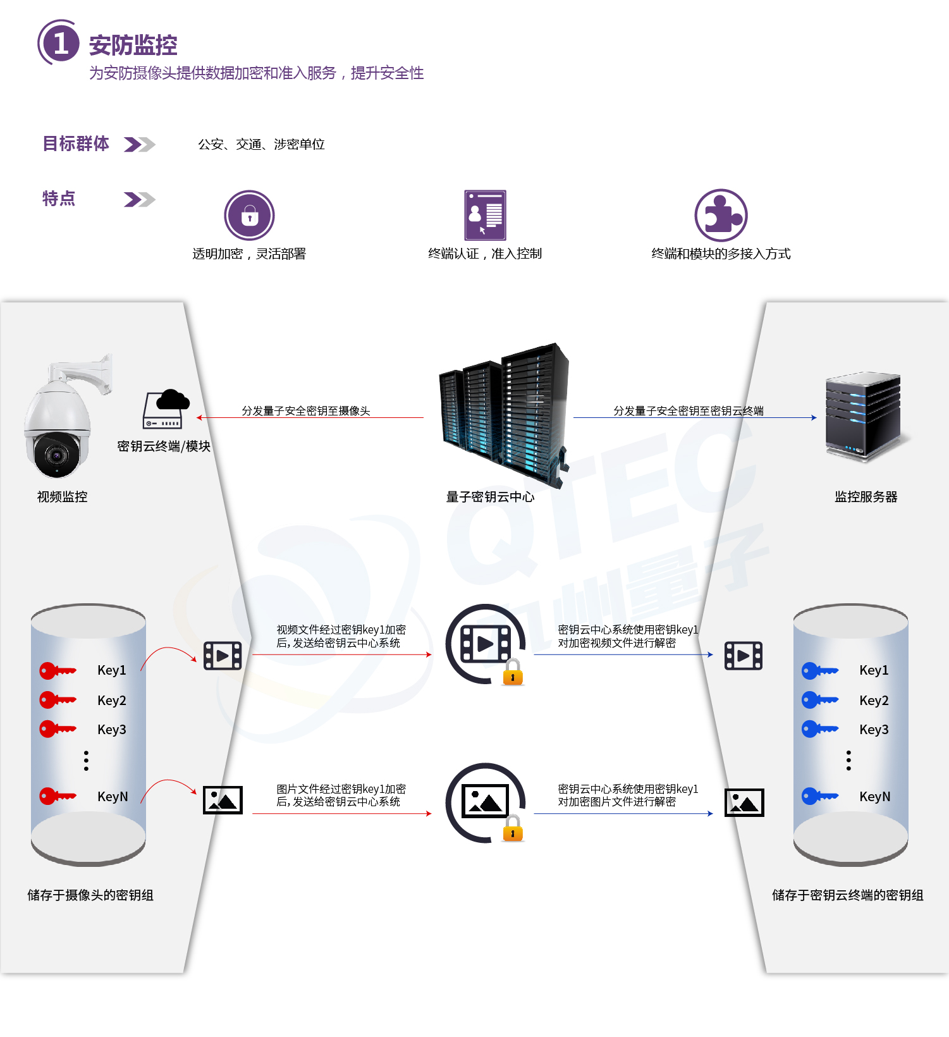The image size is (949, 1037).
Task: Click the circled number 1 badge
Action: click(x=60, y=43)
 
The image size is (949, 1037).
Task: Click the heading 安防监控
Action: click(x=133, y=46)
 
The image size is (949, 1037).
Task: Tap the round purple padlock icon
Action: click(x=249, y=216)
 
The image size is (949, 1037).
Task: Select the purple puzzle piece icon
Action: click(x=721, y=215)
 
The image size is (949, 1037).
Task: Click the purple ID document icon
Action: click(x=485, y=215)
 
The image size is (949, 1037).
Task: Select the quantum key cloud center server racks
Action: click(x=504, y=414)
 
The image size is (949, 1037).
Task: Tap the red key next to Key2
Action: click(x=57, y=700)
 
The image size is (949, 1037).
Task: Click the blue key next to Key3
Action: click(x=819, y=729)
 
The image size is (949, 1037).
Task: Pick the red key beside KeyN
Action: click(x=57, y=796)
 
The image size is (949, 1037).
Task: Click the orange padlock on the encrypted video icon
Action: click(x=513, y=673)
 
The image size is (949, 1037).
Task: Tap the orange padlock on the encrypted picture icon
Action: click(x=513, y=829)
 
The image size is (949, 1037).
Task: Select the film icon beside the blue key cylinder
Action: click(x=743, y=656)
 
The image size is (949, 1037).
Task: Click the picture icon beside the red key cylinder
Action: click(x=223, y=800)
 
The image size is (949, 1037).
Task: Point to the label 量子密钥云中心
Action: click(x=490, y=497)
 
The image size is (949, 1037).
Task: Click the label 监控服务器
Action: click(x=866, y=497)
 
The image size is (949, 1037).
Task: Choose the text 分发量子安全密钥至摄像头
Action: click(x=306, y=411)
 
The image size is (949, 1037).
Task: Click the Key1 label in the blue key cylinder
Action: click(x=874, y=670)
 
